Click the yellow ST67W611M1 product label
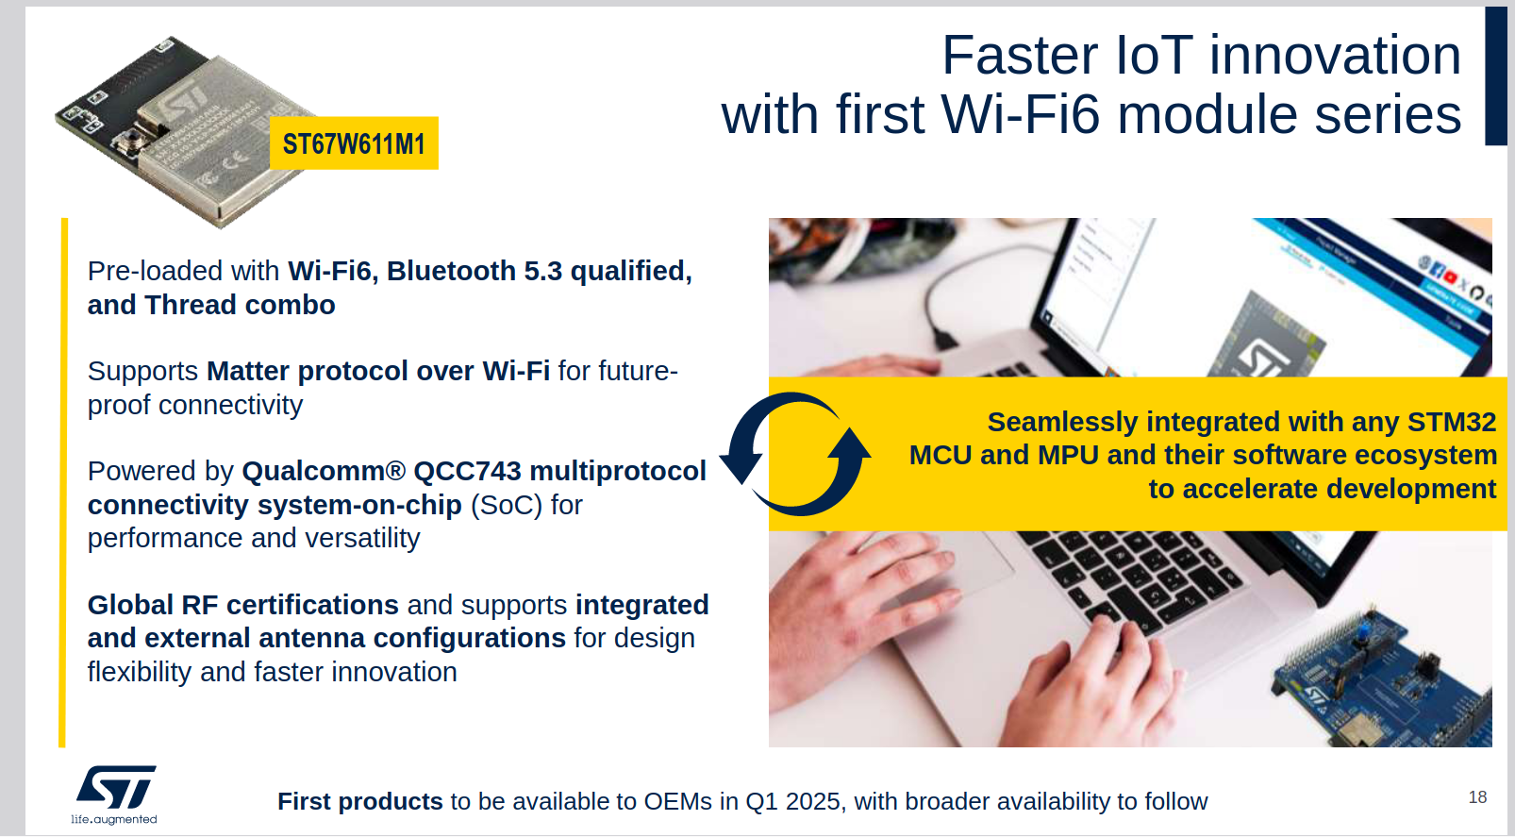click(x=354, y=142)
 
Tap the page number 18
click(x=1477, y=797)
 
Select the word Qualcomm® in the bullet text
click(x=324, y=471)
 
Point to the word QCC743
click(x=467, y=471)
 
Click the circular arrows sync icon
click(x=795, y=454)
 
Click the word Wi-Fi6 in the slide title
click(x=1022, y=114)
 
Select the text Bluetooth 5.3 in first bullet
click(x=474, y=271)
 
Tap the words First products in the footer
click(x=359, y=801)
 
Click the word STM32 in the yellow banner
click(x=1452, y=422)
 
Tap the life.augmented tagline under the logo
click(x=114, y=819)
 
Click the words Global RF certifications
click(x=242, y=605)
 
